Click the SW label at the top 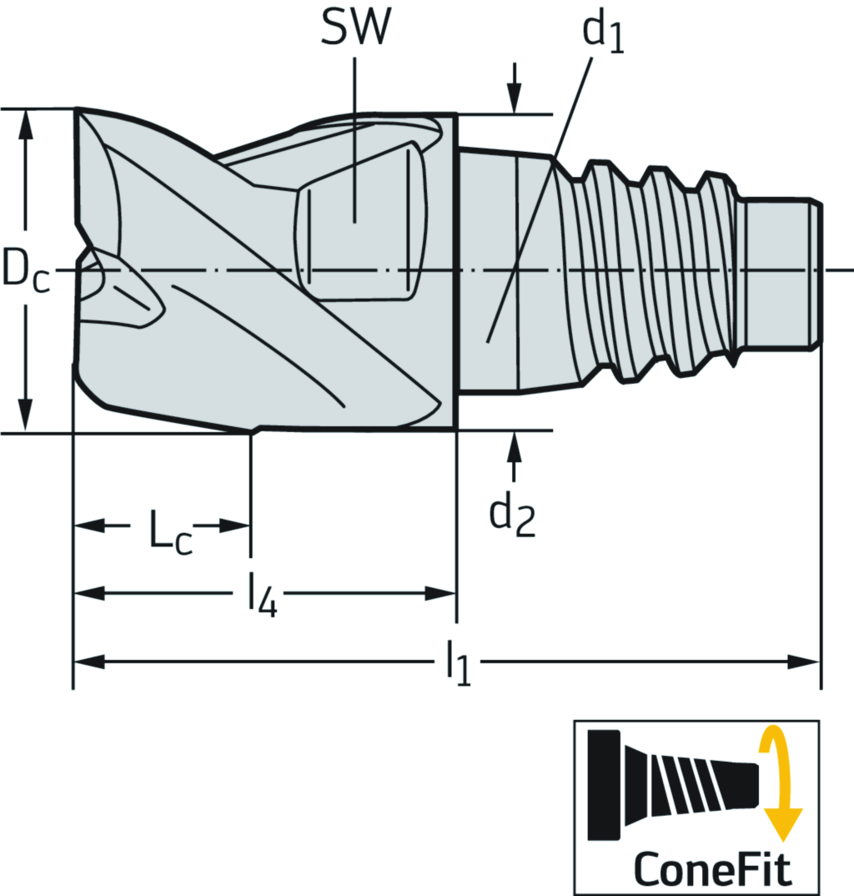tap(355, 26)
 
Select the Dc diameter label tap(26, 269)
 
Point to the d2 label tap(512, 516)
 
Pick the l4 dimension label tap(263, 596)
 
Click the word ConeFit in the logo tap(712, 868)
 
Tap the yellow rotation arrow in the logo tap(780, 783)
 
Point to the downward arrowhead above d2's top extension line tap(515, 98)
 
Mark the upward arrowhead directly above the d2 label tap(515, 445)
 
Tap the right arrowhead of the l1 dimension tap(804, 662)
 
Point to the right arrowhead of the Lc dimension tap(234, 526)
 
